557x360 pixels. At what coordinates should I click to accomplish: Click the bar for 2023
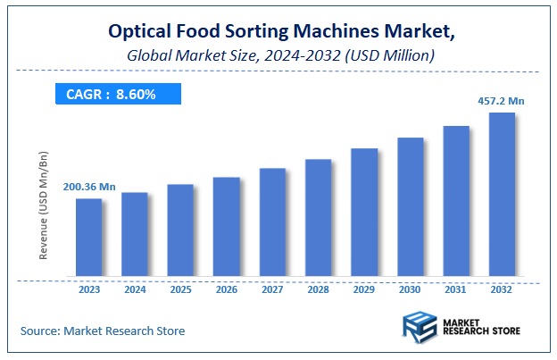click(88, 237)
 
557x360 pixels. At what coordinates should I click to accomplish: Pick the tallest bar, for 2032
click(502, 194)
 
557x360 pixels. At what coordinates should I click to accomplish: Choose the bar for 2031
click(456, 201)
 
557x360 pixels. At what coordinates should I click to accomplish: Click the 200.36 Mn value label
click(89, 187)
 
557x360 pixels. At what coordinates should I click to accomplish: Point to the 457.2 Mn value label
click(500, 101)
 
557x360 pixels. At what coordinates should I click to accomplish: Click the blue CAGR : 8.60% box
click(118, 94)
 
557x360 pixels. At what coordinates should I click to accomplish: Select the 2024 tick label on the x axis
click(135, 290)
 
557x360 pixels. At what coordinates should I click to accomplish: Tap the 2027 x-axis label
click(272, 290)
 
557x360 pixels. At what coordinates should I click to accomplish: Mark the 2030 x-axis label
click(410, 290)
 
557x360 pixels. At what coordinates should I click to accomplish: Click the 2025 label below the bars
click(180, 290)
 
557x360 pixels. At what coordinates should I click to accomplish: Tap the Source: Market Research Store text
click(103, 331)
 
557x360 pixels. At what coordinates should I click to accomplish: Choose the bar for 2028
click(319, 218)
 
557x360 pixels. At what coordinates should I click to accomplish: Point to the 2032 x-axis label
click(502, 290)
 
